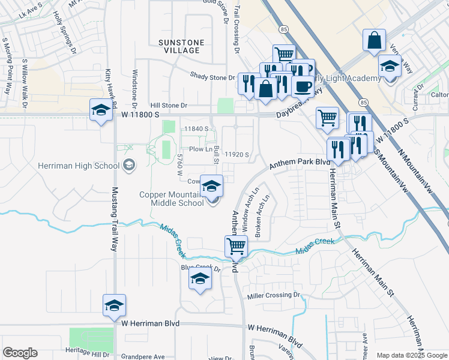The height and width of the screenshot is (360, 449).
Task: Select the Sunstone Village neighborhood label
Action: pyautogui.click(x=181, y=46)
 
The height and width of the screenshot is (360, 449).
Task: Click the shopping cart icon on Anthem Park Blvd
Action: pyautogui.click(x=236, y=245)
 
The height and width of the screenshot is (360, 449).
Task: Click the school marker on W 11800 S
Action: pyautogui.click(x=101, y=110)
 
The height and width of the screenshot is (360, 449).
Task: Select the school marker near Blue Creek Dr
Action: pyautogui.click(x=200, y=279)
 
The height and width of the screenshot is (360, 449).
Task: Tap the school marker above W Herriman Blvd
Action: pyautogui.click(x=114, y=305)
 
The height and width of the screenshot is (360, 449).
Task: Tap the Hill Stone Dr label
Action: pyautogui.click(x=169, y=105)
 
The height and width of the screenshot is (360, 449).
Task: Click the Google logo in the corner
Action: pyautogui.click(x=20, y=353)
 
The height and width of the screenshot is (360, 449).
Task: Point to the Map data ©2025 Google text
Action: pyautogui.click(x=411, y=355)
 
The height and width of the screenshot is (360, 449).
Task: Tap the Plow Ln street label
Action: pyautogui.click(x=201, y=149)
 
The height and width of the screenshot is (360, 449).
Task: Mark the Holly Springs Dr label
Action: pyautogui.click(x=65, y=25)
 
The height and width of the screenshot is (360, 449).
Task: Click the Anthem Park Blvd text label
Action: pyautogui.click(x=300, y=163)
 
